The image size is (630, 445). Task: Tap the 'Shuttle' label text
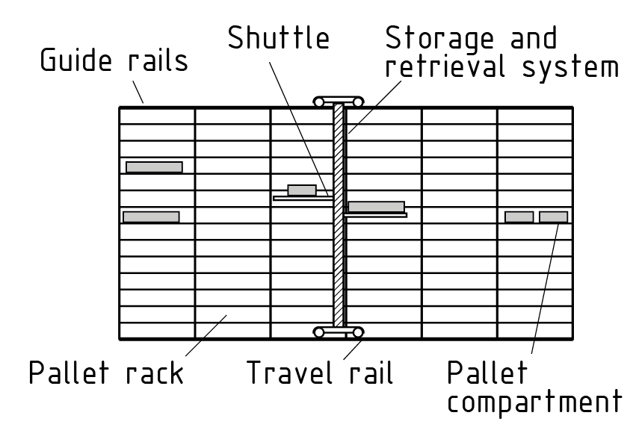279,38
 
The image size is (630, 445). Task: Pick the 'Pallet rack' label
105,372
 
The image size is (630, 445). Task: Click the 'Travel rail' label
321,372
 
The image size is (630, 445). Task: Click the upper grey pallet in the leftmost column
154,167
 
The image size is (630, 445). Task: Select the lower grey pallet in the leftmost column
151,217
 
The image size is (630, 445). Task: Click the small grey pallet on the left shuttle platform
302,190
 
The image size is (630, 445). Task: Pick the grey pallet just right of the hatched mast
376,207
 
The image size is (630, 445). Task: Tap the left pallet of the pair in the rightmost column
519,217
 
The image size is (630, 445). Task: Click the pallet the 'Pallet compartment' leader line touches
553,217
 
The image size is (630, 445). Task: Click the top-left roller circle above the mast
319,101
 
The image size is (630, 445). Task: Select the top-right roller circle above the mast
359,101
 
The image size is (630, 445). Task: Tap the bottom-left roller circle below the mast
319,332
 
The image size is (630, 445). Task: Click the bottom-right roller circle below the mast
359,332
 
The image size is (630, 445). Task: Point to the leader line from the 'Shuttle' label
299,127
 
